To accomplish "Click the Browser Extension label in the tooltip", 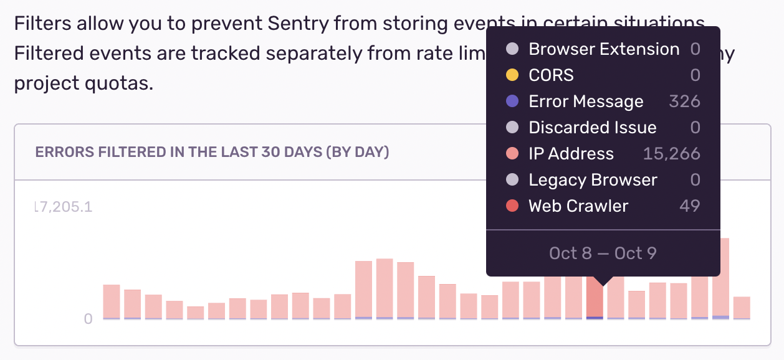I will [x=603, y=49].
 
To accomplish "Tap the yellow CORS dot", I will [x=512, y=75].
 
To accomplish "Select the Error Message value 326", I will [x=684, y=102].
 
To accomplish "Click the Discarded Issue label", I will [x=592, y=128].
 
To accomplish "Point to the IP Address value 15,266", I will [x=671, y=154].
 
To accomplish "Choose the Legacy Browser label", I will [x=593, y=180].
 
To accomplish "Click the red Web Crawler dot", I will [x=512, y=206].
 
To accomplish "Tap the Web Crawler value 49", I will [x=689, y=206].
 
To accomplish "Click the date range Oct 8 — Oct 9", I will [x=603, y=253].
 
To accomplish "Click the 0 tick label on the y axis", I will [x=88, y=319].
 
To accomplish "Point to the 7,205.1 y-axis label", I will [x=64, y=207].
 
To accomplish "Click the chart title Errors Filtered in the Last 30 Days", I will [x=212, y=153].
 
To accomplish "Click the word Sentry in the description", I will [x=299, y=25].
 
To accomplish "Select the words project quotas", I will [x=83, y=82].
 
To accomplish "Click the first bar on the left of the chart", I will [x=112, y=302].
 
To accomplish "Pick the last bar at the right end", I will [x=742, y=308].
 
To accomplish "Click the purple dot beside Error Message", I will [x=512, y=102].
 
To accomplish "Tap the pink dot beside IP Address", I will [x=512, y=154].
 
